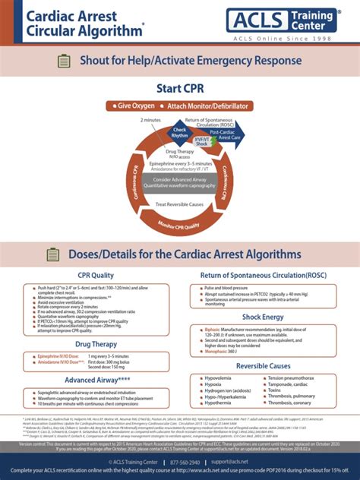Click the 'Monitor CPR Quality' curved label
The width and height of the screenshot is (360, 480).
point(179,226)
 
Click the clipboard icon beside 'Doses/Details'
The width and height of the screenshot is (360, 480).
point(45,254)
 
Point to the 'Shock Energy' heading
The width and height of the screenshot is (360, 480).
point(263,317)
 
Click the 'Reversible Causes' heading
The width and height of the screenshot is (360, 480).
point(263,366)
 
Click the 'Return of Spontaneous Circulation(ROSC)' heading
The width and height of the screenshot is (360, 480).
point(263,275)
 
